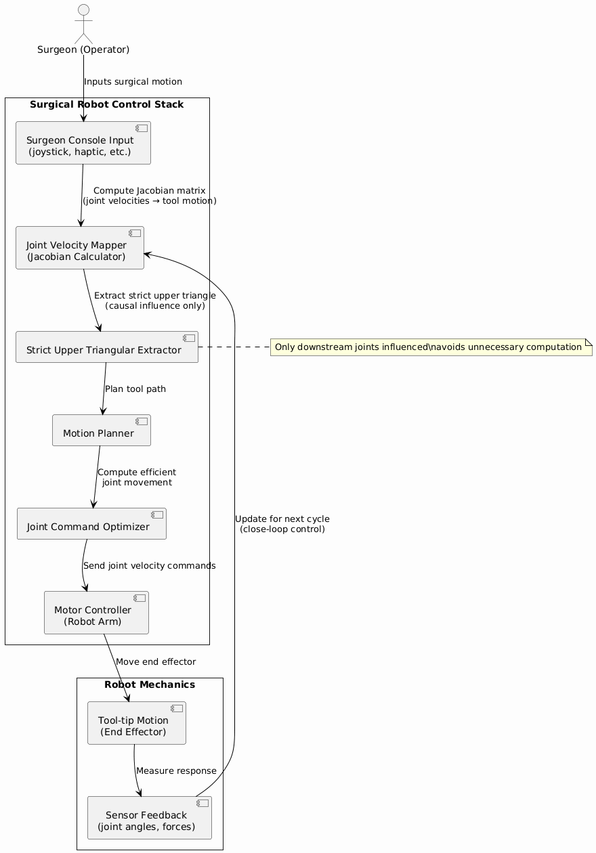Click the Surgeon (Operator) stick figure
[x=83, y=24]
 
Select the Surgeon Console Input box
[x=83, y=143]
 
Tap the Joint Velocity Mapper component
[x=80, y=248]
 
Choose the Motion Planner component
[x=101, y=430]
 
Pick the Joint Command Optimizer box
[x=91, y=523]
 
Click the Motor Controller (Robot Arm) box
[x=96, y=613]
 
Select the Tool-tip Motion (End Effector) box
[x=136, y=723]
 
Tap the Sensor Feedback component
[x=149, y=818]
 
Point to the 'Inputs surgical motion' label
[x=133, y=81]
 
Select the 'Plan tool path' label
[x=135, y=389]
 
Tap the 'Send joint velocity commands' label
[x=149, y=565]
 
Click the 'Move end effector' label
[x=156, y=661]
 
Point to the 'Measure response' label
[x=176, y=770]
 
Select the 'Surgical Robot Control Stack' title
[x=107, y=104]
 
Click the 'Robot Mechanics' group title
[x=150, y=684]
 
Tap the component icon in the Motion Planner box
[x=141, y=422]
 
